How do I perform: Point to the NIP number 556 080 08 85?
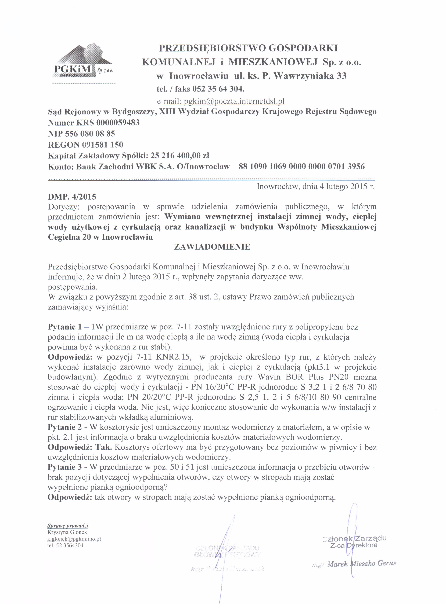tap(90, 134)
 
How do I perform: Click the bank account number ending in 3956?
tap(302, 166)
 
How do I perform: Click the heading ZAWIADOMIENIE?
tap(212, 247)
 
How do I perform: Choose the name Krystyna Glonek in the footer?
tap(67, 532)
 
